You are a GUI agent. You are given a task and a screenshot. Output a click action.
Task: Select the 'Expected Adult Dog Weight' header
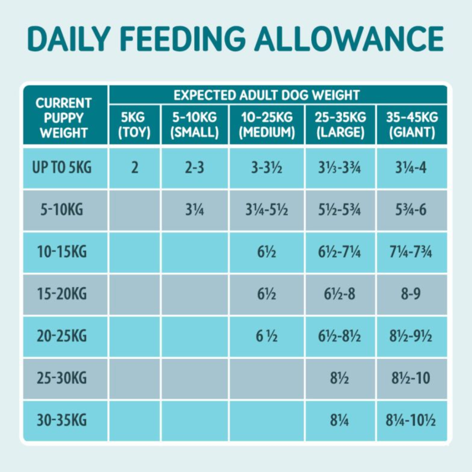(266, 95)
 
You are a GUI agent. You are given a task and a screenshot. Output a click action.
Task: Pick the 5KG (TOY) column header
(135, 125)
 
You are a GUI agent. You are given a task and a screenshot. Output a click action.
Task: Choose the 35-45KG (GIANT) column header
(411, 125)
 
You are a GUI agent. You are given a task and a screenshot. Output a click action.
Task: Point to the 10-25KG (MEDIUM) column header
(267, 125)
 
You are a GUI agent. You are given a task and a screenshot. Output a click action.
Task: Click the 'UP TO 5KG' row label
(62, 168)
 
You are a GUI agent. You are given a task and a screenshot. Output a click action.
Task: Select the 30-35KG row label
(62, 420)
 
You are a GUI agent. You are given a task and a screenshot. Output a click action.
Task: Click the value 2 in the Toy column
(135, 168)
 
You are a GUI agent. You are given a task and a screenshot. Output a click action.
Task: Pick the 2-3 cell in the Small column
(194, 168)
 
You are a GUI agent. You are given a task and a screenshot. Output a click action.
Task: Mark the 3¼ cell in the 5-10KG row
(194, 210)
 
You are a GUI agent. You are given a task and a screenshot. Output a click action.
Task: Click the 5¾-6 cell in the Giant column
(411, 210)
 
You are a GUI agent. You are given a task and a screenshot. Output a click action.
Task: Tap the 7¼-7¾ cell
(411, 253)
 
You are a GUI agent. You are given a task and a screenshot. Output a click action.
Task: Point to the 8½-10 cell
(411, 378)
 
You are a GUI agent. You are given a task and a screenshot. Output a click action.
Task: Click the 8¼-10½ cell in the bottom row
(411, 420)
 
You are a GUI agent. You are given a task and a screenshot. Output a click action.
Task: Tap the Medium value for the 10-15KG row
(267, 253)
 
